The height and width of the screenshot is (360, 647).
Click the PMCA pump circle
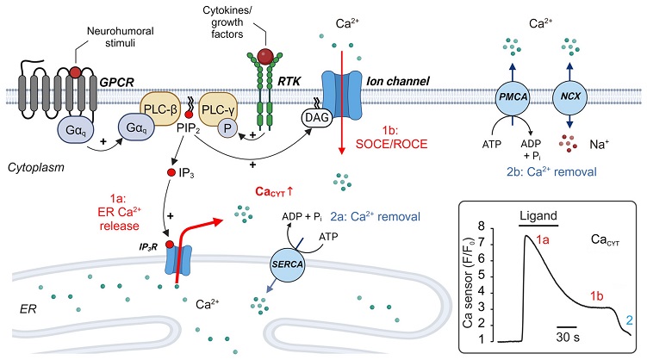click(512, 97)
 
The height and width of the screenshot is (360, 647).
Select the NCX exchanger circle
click(569, 97)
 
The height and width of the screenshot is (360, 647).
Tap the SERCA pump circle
click(288, 264)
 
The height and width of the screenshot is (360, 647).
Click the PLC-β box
click(160, 109)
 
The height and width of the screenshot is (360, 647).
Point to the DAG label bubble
click(317, 117)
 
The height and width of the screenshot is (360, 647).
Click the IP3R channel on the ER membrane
click(178, 260)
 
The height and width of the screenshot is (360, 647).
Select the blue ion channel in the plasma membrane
click(341, 95)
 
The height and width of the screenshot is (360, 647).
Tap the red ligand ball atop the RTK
click(264, 55)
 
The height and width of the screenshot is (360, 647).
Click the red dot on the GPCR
click(75, 72)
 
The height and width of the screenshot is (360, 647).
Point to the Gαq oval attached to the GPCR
click(76, 130)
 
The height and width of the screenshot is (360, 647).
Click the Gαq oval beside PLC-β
click(137, 127)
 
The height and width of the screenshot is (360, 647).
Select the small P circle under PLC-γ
click(227, 128)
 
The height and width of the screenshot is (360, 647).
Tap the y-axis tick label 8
click(481, 227)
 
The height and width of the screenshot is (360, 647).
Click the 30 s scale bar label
click(568, 338)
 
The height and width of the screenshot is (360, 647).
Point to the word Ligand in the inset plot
click(538, 215)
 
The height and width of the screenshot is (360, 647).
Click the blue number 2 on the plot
click(629, 320)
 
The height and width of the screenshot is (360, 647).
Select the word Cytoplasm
click(36, 168)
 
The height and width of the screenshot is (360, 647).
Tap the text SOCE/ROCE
click(392, 144)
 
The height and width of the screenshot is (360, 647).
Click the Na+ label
click(599, 145)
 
